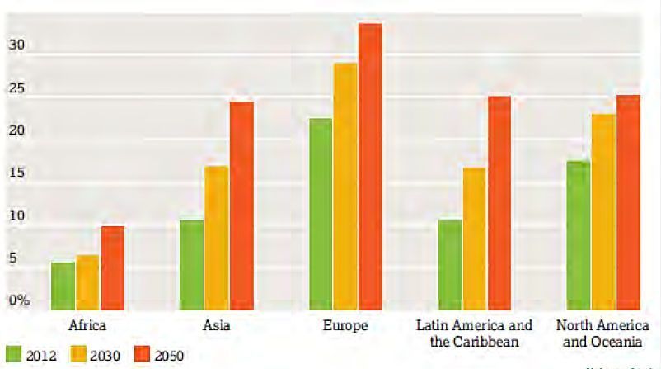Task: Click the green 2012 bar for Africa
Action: (x=63, y=286)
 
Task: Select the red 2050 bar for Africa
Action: (x=112, y=267)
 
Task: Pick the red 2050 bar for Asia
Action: (x=241, y=206)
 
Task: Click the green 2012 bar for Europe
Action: (x=321, y=214)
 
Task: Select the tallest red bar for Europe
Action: (x=370, y=166)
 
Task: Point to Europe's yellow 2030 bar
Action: (x=345, y=186)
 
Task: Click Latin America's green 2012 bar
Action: (x=450, y=264)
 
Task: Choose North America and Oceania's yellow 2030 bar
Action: (x=603, y=211)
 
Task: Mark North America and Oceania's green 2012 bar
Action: (x=579, y=235)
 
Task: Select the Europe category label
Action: (x=345, y=325)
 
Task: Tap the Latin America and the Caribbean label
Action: (x=474, y=333)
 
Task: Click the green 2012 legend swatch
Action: (x=12, y=355)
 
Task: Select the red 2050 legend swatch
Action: (x=142, y=355)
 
